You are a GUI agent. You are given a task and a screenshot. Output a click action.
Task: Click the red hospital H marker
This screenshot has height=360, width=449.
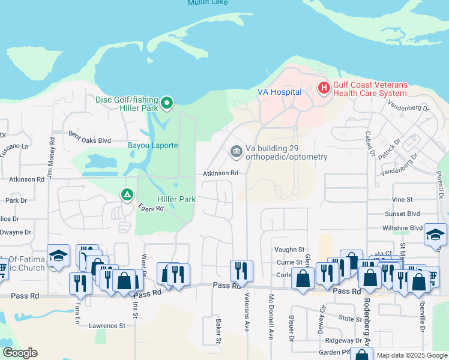[324, 89]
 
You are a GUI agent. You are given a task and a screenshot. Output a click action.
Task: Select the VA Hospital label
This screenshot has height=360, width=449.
[279, 92]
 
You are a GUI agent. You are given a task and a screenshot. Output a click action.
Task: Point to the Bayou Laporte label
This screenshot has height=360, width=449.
[152, 145]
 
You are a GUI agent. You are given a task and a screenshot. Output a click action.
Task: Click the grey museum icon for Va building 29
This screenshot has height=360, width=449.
[236, 151]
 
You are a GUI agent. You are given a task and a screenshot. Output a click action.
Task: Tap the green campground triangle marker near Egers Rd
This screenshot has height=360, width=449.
[127, 195]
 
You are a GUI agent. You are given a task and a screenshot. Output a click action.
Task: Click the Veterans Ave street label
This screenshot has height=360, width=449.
[246, 311]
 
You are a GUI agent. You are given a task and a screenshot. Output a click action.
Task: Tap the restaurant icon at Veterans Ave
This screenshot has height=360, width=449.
[241, 271]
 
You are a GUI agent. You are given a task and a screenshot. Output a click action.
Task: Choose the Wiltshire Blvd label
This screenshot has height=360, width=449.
[403, 229]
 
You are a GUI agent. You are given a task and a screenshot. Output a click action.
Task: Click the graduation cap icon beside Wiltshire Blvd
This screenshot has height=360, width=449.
[435, 235]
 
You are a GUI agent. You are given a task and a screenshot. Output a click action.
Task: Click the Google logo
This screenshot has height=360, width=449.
[20, 353]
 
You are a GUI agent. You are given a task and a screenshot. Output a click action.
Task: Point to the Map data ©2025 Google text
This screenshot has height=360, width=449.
[411, 355]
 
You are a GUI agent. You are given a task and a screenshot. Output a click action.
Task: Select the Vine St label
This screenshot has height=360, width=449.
[402, 199]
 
